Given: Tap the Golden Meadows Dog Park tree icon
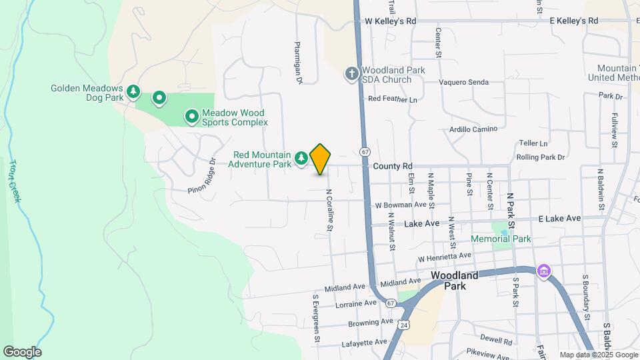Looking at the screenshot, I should coord(134,90).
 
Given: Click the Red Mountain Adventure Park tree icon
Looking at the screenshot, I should coord(302,157).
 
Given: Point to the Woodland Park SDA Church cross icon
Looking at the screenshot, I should coord(353,74).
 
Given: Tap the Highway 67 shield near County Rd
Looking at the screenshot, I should coord(365,152).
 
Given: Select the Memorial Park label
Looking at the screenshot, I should coord(501,239).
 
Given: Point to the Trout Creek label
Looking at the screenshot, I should coord(15,181).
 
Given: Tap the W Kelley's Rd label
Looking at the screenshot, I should coord(391,21).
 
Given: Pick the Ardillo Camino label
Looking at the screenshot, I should coord(474,129).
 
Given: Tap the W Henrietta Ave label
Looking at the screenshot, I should coord(445,257).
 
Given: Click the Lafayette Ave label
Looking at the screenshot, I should coord(363,342).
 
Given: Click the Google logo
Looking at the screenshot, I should coord(22,352).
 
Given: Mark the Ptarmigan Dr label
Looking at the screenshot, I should coord(299,63).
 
